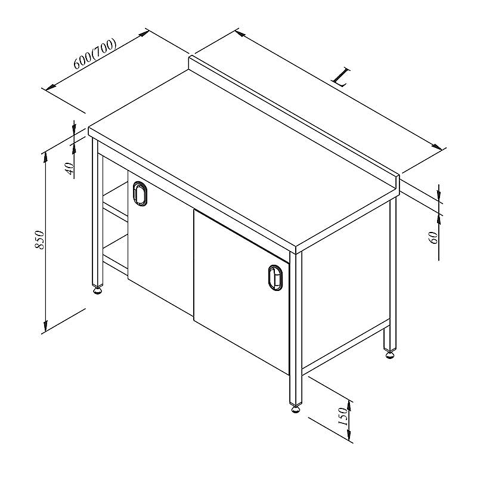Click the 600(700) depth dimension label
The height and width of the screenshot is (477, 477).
tap(95, 54)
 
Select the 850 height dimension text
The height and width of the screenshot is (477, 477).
tap(39, 240)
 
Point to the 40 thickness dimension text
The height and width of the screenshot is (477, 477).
tap(70, 168)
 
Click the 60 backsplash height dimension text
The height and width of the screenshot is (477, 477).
tap(433, 237)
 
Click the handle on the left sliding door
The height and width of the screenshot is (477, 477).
tap(140, 193)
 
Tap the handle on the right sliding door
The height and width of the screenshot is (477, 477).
tap(275, 278)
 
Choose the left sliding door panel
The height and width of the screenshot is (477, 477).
tap(160, 240)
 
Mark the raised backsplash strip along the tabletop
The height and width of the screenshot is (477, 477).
tap(293, 122)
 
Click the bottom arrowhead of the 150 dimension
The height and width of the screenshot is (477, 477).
tap(349, 436)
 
